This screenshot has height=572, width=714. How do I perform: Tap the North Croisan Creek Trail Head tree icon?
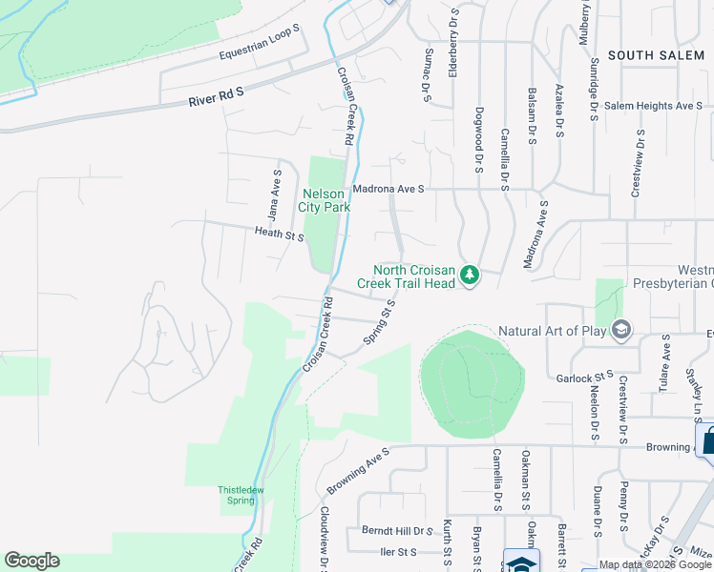pyautogui.click(x=469, y=276)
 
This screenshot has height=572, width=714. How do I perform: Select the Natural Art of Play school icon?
pyautogui.click(x=621, y=330)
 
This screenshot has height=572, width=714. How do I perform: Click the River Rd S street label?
pyautogui.click(x=217, y=94)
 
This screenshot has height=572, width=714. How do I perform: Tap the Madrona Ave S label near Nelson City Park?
pyautogui.click(x=388, y=189)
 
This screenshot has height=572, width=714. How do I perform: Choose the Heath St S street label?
pyautogui.click(x=279, y=234)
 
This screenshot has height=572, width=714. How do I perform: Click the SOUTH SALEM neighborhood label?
pyautogui.click(x=656, y=55)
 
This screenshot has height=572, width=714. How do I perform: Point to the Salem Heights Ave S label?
pyautogui.click(x=653, y=106)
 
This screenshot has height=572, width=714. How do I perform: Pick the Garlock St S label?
pyautogui.click(x=583, y=378)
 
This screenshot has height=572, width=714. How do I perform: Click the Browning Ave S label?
pyautogui.click(x=358, y=469)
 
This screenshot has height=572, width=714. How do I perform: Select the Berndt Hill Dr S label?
pyautogui.click(x=398, y=530)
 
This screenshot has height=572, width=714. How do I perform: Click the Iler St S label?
pyautogui.click(x=398, y=552)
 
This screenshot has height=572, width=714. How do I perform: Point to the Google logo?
pyautogui.click(x=31, y=561)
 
